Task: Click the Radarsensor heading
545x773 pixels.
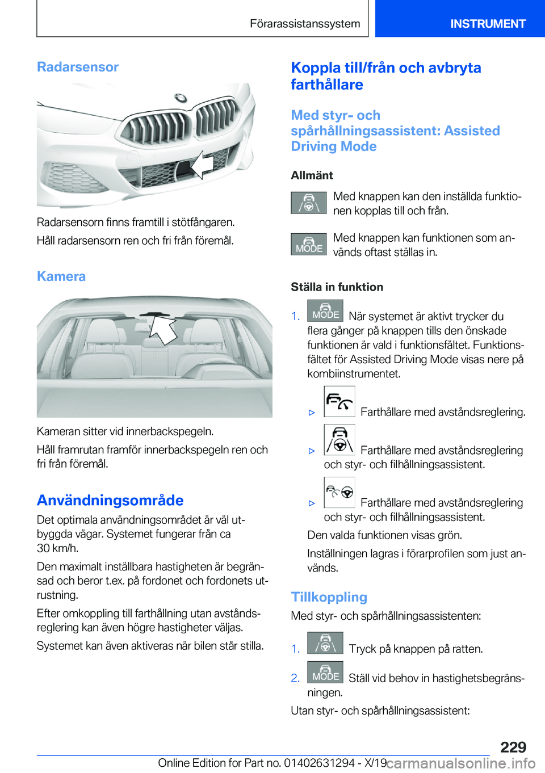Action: (78, 67)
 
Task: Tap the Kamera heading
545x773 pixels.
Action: (61, 276)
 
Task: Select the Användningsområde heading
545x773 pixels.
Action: (110, 500)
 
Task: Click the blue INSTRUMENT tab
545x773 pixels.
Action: (488, 23)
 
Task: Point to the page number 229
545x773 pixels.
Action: (513, 747)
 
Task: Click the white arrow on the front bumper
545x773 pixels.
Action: (201, 165)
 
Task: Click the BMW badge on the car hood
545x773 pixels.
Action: (181, 98)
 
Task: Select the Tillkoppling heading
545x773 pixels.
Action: (329, 597)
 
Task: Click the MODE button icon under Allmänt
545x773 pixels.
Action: (309, 244)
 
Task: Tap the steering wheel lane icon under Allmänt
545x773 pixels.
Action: (309, 203)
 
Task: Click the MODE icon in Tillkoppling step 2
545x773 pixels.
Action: (325, 672)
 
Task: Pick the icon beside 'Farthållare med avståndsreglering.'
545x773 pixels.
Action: (339, 401)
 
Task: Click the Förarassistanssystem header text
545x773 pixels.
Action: (305, 23)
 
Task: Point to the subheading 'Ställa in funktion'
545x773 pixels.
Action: (337, 287)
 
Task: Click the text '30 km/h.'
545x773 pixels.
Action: (58, 548)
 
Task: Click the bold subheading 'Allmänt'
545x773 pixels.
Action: (312, 175)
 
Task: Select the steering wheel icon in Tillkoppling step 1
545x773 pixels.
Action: (325, 643)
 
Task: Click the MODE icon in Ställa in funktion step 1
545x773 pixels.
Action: (325, 310)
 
